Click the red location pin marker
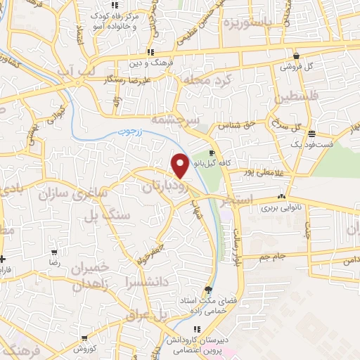click(180, 165)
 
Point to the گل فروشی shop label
click(296, 67)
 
